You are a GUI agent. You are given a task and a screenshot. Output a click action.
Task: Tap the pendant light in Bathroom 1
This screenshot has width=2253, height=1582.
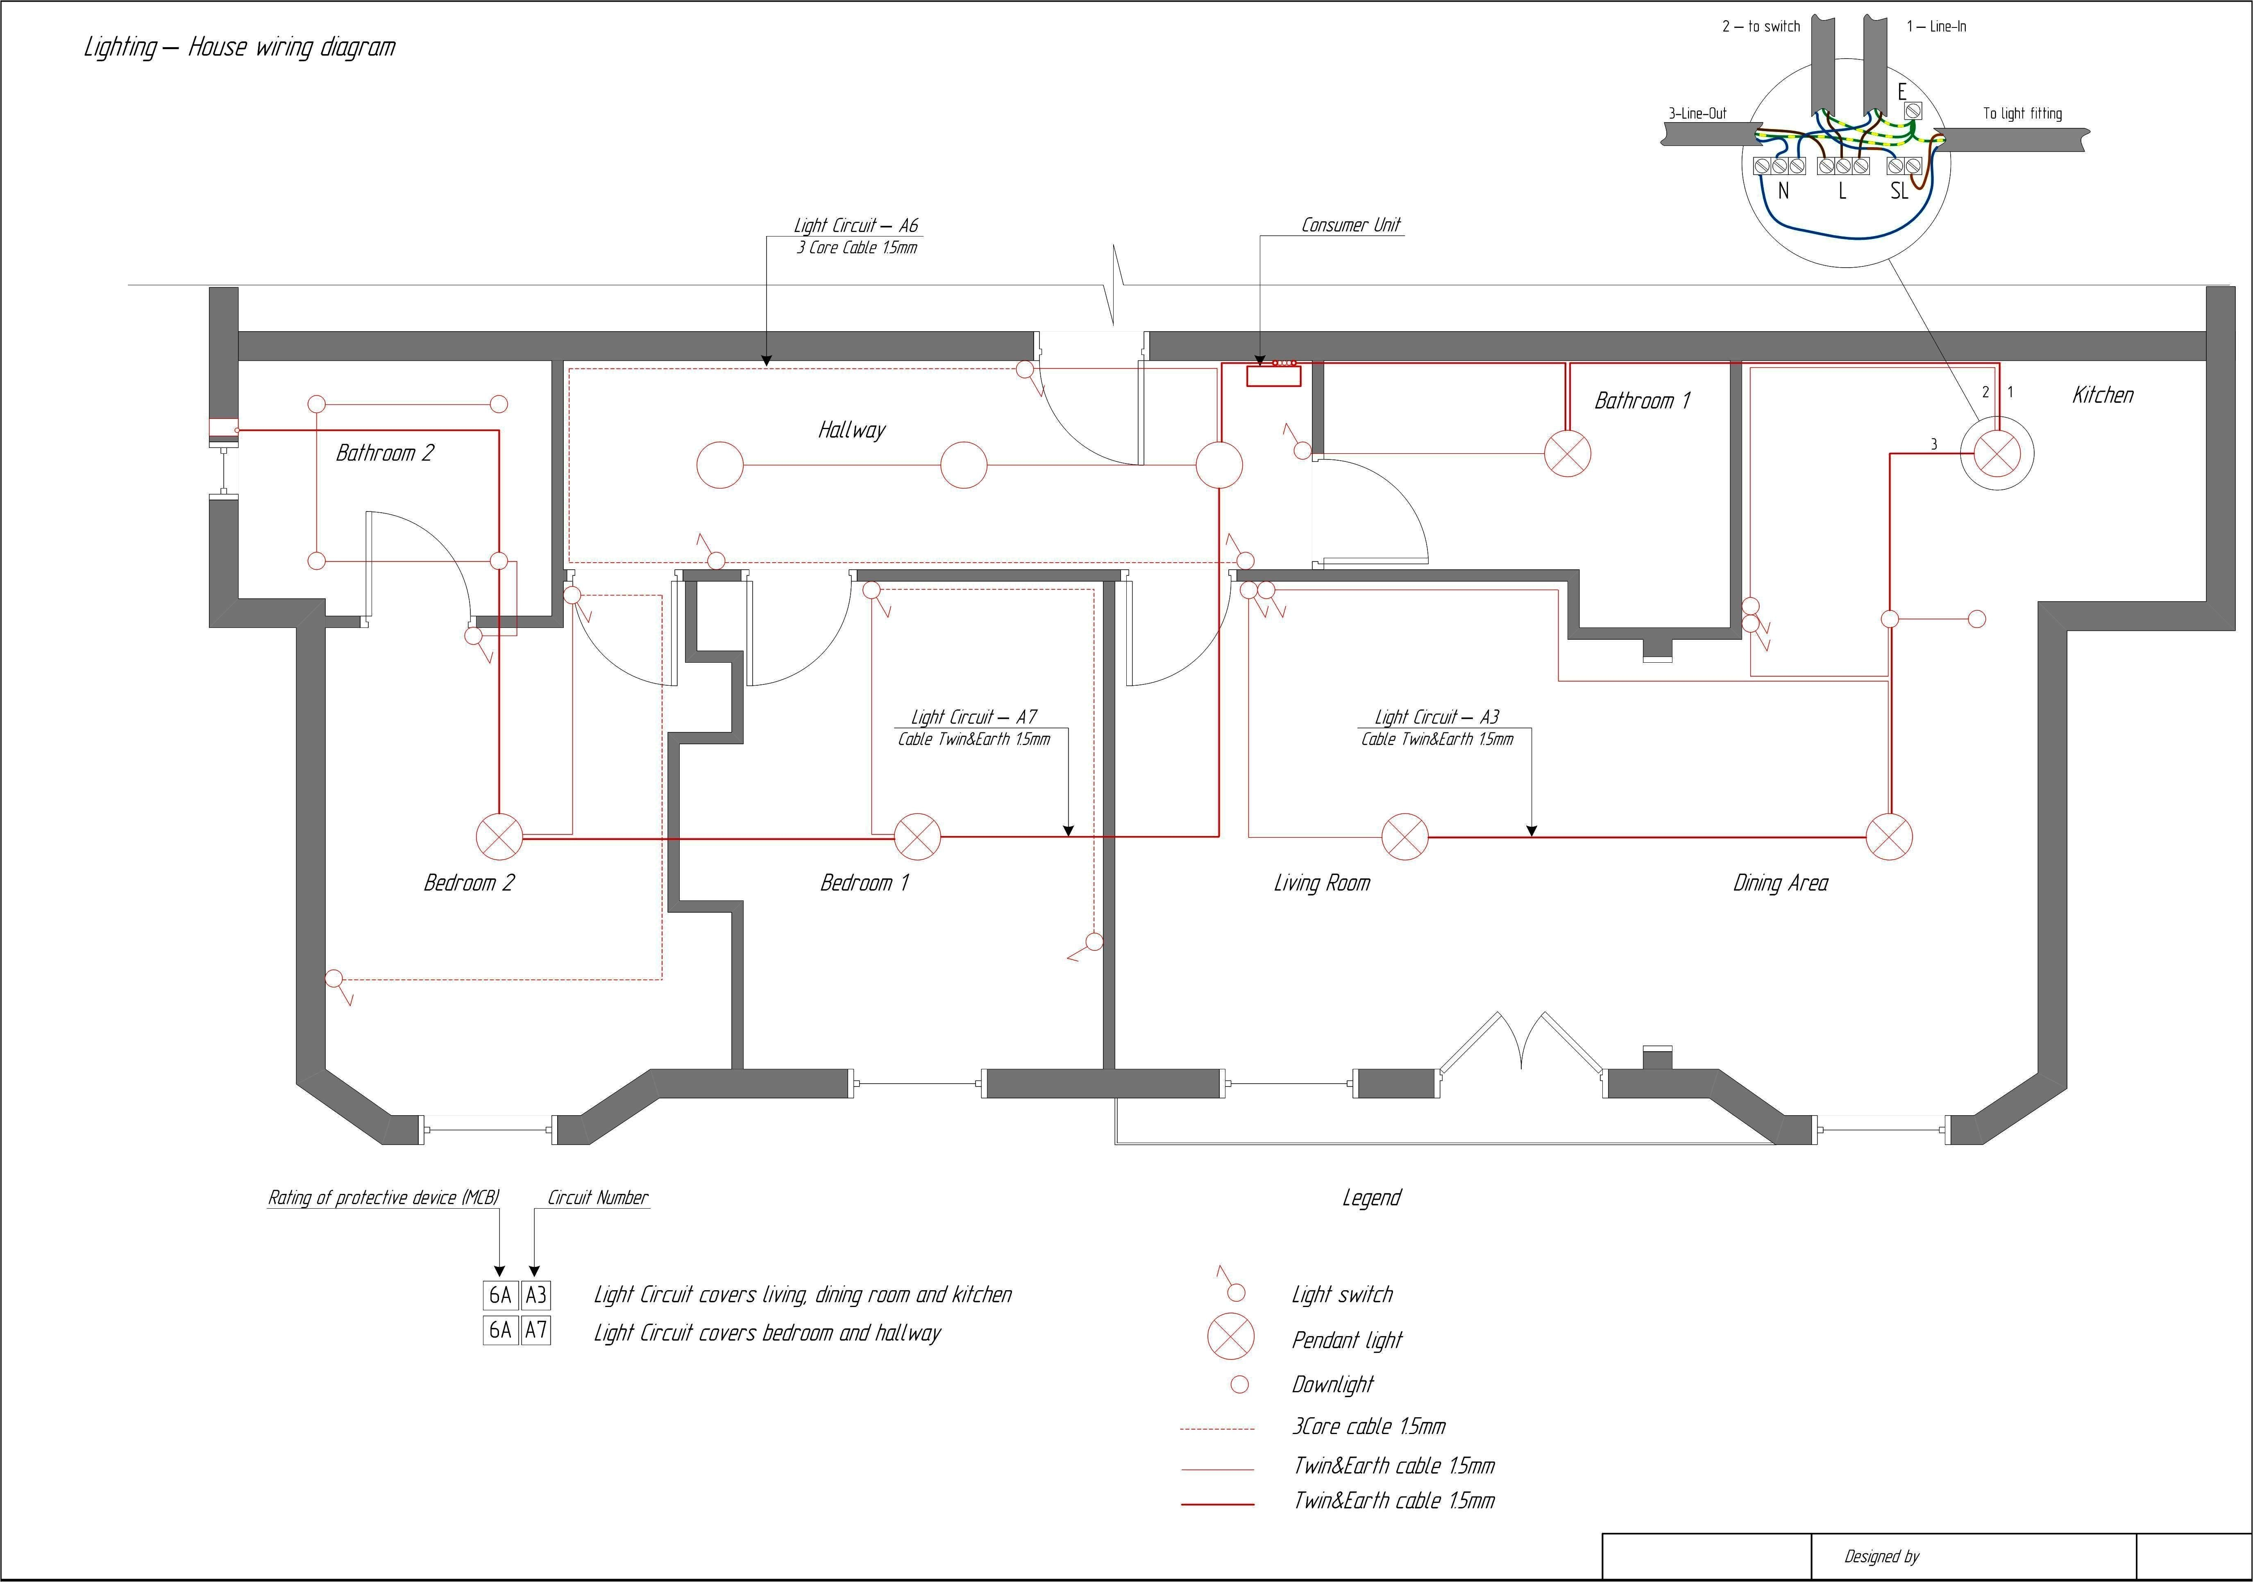(1567, 453)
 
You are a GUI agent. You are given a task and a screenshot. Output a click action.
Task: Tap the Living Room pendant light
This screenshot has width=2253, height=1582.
(1404, 837)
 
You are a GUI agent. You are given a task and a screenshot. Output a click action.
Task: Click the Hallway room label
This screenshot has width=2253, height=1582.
(851, 430)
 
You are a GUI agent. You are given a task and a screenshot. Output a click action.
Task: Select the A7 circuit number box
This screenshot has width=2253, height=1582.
(536, 1331)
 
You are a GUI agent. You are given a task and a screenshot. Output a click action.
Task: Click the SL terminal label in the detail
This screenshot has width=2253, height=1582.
(1899, 191)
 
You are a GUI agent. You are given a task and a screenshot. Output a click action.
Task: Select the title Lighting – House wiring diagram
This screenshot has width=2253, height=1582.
(239, 47)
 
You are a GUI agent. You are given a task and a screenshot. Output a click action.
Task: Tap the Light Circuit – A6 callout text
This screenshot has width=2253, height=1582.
(855, 226)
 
